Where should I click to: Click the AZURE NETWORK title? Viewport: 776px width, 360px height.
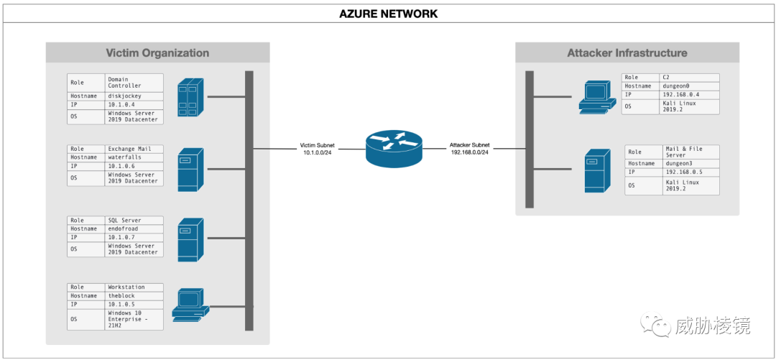(x=388, y=14)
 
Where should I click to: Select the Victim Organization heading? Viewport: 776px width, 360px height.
(x=157, y=53)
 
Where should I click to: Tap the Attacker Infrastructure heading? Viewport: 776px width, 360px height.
(x=627, y=53)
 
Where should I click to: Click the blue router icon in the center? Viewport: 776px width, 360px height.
(x=394, y=147)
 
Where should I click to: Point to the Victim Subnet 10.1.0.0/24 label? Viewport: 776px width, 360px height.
(x=318, y=149)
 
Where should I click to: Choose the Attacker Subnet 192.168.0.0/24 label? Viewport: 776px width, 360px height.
(x=469, y=149)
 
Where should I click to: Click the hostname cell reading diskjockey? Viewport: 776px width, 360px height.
(x=134, y=96)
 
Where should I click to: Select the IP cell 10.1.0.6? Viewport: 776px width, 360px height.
(x=134, y=167)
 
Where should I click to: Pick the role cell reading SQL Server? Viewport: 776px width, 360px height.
(x=134, y=221)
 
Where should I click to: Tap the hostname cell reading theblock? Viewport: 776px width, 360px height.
(x=134, y=295)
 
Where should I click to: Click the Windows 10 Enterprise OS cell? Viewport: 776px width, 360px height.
(x=134, y=319)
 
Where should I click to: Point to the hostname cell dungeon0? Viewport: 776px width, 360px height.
(x=689, y=86)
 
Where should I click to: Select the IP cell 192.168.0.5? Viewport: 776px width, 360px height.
(x=691, y=172)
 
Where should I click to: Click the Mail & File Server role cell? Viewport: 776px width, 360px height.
(x=691, y=152)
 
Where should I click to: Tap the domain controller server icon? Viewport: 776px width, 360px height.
(x=191, y=96)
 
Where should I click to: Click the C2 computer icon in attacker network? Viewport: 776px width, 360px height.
(x=597, y=97)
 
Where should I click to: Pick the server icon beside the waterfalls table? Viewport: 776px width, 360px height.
(x=190, y=170)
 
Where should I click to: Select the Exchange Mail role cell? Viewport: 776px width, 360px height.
(x=134, y=149)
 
